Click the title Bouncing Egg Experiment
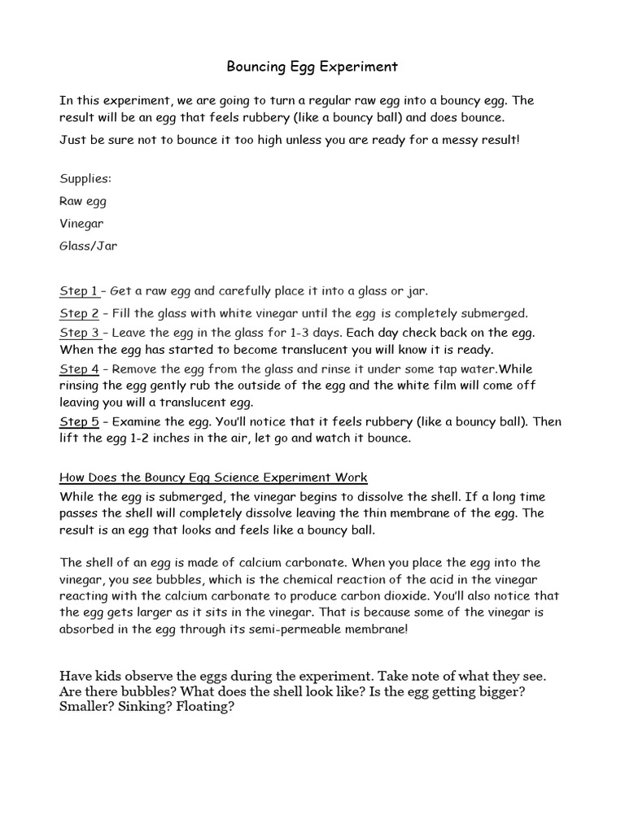pyautogui.click(x=312, y=66)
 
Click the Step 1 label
pyautogui.click(x=78, y=290)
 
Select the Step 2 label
pyautogui.click(x=79, y=312)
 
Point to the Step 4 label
pyautogui.click(x=79, y=369)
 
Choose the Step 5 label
pyautogui.click(x=79, y=421)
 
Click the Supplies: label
pyautogui.click(x=85, y=178)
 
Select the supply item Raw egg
pyautogui.click(x=83, y=201)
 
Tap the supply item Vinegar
pyautogui.click(x=81, y=223)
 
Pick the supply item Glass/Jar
pyautogui.click(x=88, y=245)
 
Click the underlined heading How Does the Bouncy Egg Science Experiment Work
pyautogui.click(x=213, y=478)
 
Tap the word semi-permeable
pyautogui.click(x=328, y=629)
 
